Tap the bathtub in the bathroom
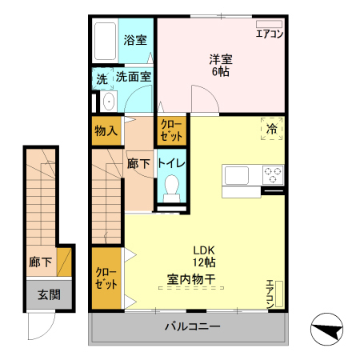[106, 38]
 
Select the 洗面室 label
[134, 78]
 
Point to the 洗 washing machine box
[102, 78]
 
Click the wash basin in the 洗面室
[107, 102]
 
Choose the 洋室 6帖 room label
[221, 65]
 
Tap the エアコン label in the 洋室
[269, 34]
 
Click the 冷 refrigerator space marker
[272, 129]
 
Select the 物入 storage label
[106, 130]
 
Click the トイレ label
[172, 163]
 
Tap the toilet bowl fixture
[171, 190]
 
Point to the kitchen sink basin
[238, 175]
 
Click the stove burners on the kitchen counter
[272, 174]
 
